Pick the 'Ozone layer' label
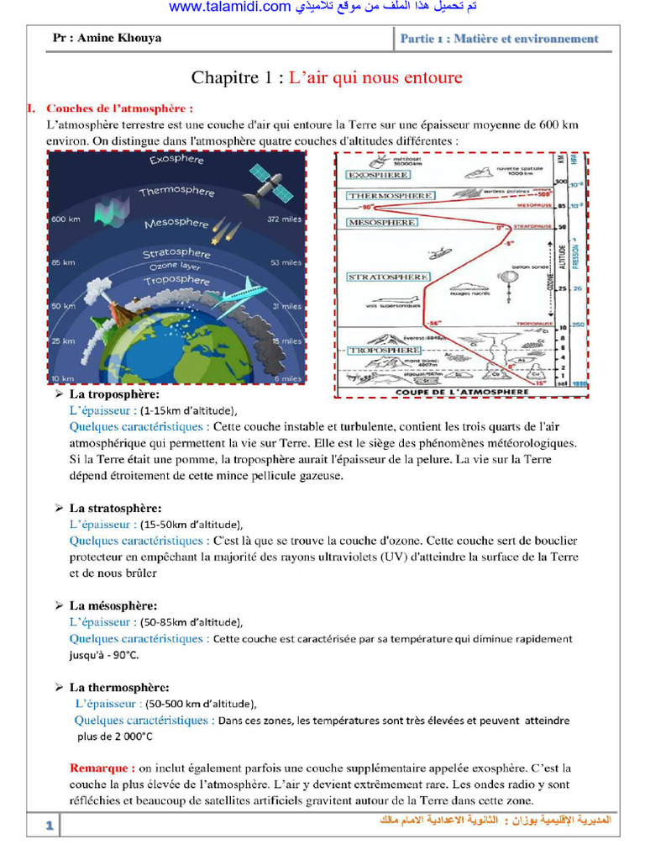pyautogui.click(x=175, y=266)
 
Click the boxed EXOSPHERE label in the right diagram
pyautogui.click(x=379, y=175)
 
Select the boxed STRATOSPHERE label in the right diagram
pyautogui.click(x=389, y=277)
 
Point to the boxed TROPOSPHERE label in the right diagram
pyautogui.click(x=384, y=350)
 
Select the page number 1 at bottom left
pyautogui.click(x=50, y=827)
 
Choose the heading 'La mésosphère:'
pyautogui.click(x=113, y=605)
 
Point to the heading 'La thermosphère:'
pyautogui.click(x=119, y=687)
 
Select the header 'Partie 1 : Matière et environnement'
pyautogui.click(x=499, y=39)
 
